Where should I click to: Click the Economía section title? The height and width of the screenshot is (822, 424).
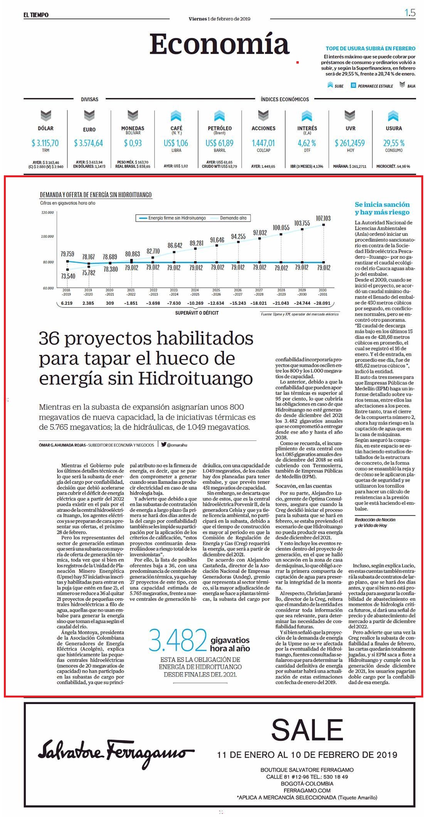click(x=219, y=44)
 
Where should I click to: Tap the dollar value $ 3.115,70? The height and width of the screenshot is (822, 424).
click(x=45, y=143)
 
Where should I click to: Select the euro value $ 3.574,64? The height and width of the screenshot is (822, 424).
click(x=89, y=143)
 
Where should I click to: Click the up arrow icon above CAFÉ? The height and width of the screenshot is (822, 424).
click(x=176, y=116)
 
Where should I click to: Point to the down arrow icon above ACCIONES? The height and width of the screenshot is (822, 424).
click(x=263, y=115)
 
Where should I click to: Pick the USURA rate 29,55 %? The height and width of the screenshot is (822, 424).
click(x=394, y=143)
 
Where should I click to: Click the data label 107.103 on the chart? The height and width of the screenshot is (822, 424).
click(x=323, y=218)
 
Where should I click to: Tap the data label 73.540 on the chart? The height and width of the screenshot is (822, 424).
click(x=68, y=276)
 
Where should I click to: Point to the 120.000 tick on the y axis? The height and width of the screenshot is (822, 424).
click(x=47, y=212)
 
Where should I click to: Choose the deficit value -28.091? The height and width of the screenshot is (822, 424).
click(x=322, y=303)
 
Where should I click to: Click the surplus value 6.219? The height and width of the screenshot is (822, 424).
click(x=67, y=303)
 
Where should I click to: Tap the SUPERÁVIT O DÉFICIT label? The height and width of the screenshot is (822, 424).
click(x=197, y=313)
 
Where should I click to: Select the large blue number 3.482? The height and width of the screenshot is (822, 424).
click(x=178, y=640)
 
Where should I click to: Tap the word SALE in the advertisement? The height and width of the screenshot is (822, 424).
click(x=307, y=730)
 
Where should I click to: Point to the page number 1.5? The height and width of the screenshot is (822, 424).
click(x=410, y=13)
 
